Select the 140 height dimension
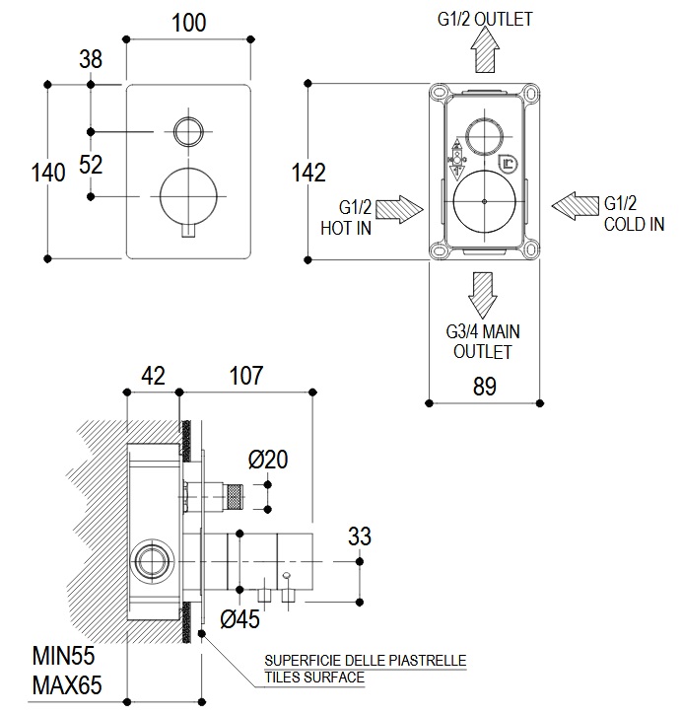(48, 173)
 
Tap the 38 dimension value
(91, 59)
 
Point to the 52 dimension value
(91, 165)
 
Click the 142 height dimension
(308, 173)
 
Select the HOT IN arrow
(398, 210)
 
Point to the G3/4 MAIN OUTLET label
(482, 342)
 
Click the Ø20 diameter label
(267, 459)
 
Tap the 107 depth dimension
(245, 376)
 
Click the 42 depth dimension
(153, 376)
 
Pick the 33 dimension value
(360, 536)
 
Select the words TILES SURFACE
(313, 678)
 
